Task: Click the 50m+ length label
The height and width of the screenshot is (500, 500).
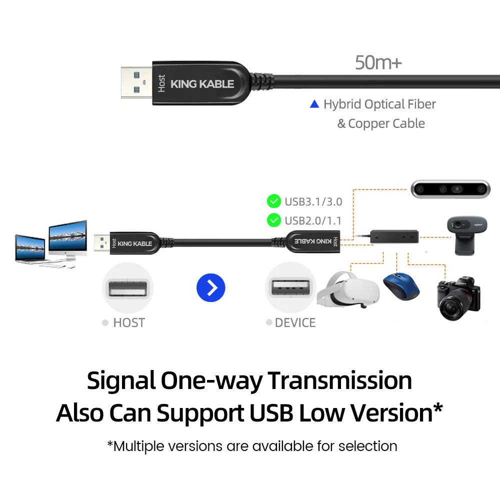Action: coord(378,62)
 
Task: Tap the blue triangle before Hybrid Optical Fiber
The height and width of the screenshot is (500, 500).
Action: coord(314,104)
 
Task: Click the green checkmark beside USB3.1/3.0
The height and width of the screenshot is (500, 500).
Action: coord(274,201)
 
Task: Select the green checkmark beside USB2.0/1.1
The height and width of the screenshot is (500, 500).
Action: coord(274,219)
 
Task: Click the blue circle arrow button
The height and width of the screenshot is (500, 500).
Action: coord(211,287)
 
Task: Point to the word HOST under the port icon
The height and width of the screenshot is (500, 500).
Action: coord(128,323)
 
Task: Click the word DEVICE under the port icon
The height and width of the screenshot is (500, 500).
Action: coord(295,323)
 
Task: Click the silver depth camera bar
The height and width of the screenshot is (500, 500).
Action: coord(450,189)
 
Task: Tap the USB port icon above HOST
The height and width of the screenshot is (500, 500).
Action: coord(127,288)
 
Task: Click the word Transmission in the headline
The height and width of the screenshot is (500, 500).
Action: coord(340,381)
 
